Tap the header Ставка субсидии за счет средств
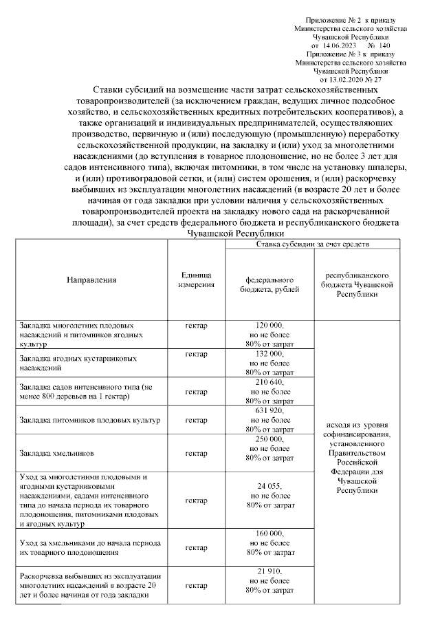pos(313,244)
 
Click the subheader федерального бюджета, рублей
pos(270,284)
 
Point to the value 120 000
pos(269,324)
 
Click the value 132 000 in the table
pos(269,353)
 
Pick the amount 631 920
pos(269,410)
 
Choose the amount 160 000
pos(269,534)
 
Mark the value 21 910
pos(269,572)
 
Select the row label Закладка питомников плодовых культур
pos(90,419)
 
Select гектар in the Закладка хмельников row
pos(197,454)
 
